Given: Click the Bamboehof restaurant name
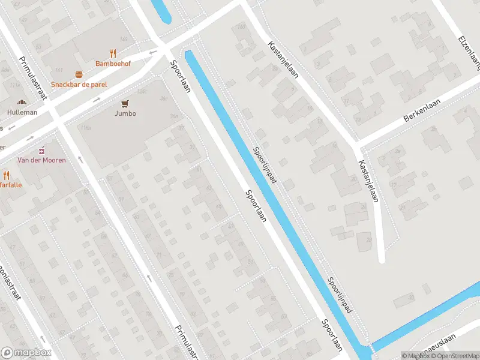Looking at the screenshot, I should (x=113, y=63).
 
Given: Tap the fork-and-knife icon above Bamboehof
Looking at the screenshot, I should (x=113, y=53).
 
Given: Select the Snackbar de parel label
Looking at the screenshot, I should (x=79, y=85).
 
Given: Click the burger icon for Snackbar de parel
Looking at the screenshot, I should (x=79, y=74).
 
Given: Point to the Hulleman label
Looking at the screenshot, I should (x=22, y=112).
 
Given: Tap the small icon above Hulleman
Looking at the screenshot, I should (x=22, y=103).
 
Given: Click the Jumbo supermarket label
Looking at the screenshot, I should (x=125, y=113).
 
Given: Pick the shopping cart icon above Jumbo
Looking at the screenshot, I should (x=125, y=103).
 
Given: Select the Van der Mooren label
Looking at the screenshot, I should (x=41, y=160).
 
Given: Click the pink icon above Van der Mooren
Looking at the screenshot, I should (x=41, y=150).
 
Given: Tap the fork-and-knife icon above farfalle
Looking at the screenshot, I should (x=7, y=175).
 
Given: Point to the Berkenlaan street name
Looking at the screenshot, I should (x=422, y=110).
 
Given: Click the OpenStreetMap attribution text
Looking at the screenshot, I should (x=455, y=356).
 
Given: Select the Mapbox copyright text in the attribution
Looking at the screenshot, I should (x=416, y=356).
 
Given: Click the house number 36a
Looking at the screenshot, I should (x=174, y=116).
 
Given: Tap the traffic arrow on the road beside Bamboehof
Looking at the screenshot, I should (x=153, y=52).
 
